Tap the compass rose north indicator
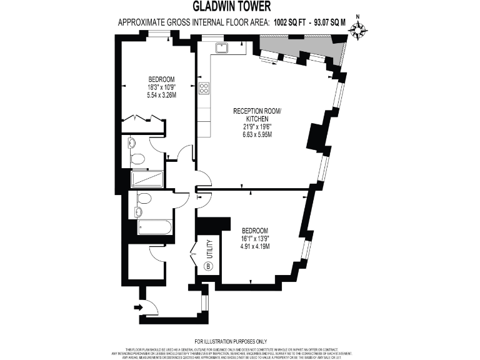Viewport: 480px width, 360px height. (x=358, y=29)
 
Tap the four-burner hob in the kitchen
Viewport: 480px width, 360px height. (x=204, y=88)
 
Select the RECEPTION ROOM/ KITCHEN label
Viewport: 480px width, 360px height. (x=257, y=114)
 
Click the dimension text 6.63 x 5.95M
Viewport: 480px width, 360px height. (x=257, y=134)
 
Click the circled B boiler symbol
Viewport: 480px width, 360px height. (x=209, y=266)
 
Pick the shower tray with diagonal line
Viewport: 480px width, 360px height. (x=147, y=179)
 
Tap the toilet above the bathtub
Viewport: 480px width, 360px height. (x=144, y=199)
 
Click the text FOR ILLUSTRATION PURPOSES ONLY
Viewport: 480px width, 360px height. (x=239, y=341)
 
